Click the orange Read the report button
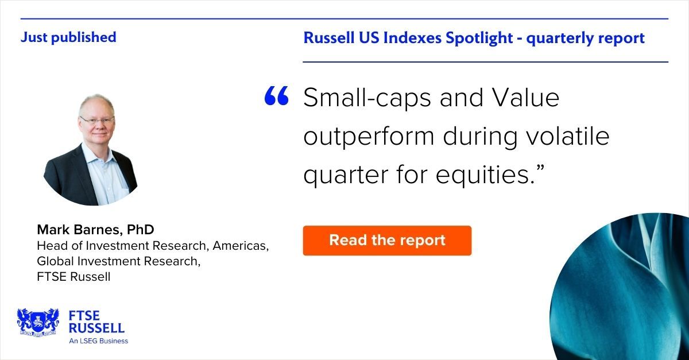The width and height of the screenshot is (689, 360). click(x=387, y=240)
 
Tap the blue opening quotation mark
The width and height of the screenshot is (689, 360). click(x=276, y=97)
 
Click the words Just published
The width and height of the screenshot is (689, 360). click(x=68, y=37)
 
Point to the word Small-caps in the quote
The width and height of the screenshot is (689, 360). click(x=366, y=98)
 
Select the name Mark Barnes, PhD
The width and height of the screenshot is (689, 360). click(x=95, y=230)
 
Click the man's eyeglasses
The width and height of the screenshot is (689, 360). click(x=96, y=121)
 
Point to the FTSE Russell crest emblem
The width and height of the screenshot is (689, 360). click(x=38, y=322)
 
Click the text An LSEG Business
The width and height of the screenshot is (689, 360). click(x=98, y=340)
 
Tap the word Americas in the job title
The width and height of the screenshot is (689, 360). click(x=241, y=246)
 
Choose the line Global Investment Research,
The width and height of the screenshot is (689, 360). click(x=119, y=261)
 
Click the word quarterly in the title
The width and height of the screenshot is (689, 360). click(x=555, y=38)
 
